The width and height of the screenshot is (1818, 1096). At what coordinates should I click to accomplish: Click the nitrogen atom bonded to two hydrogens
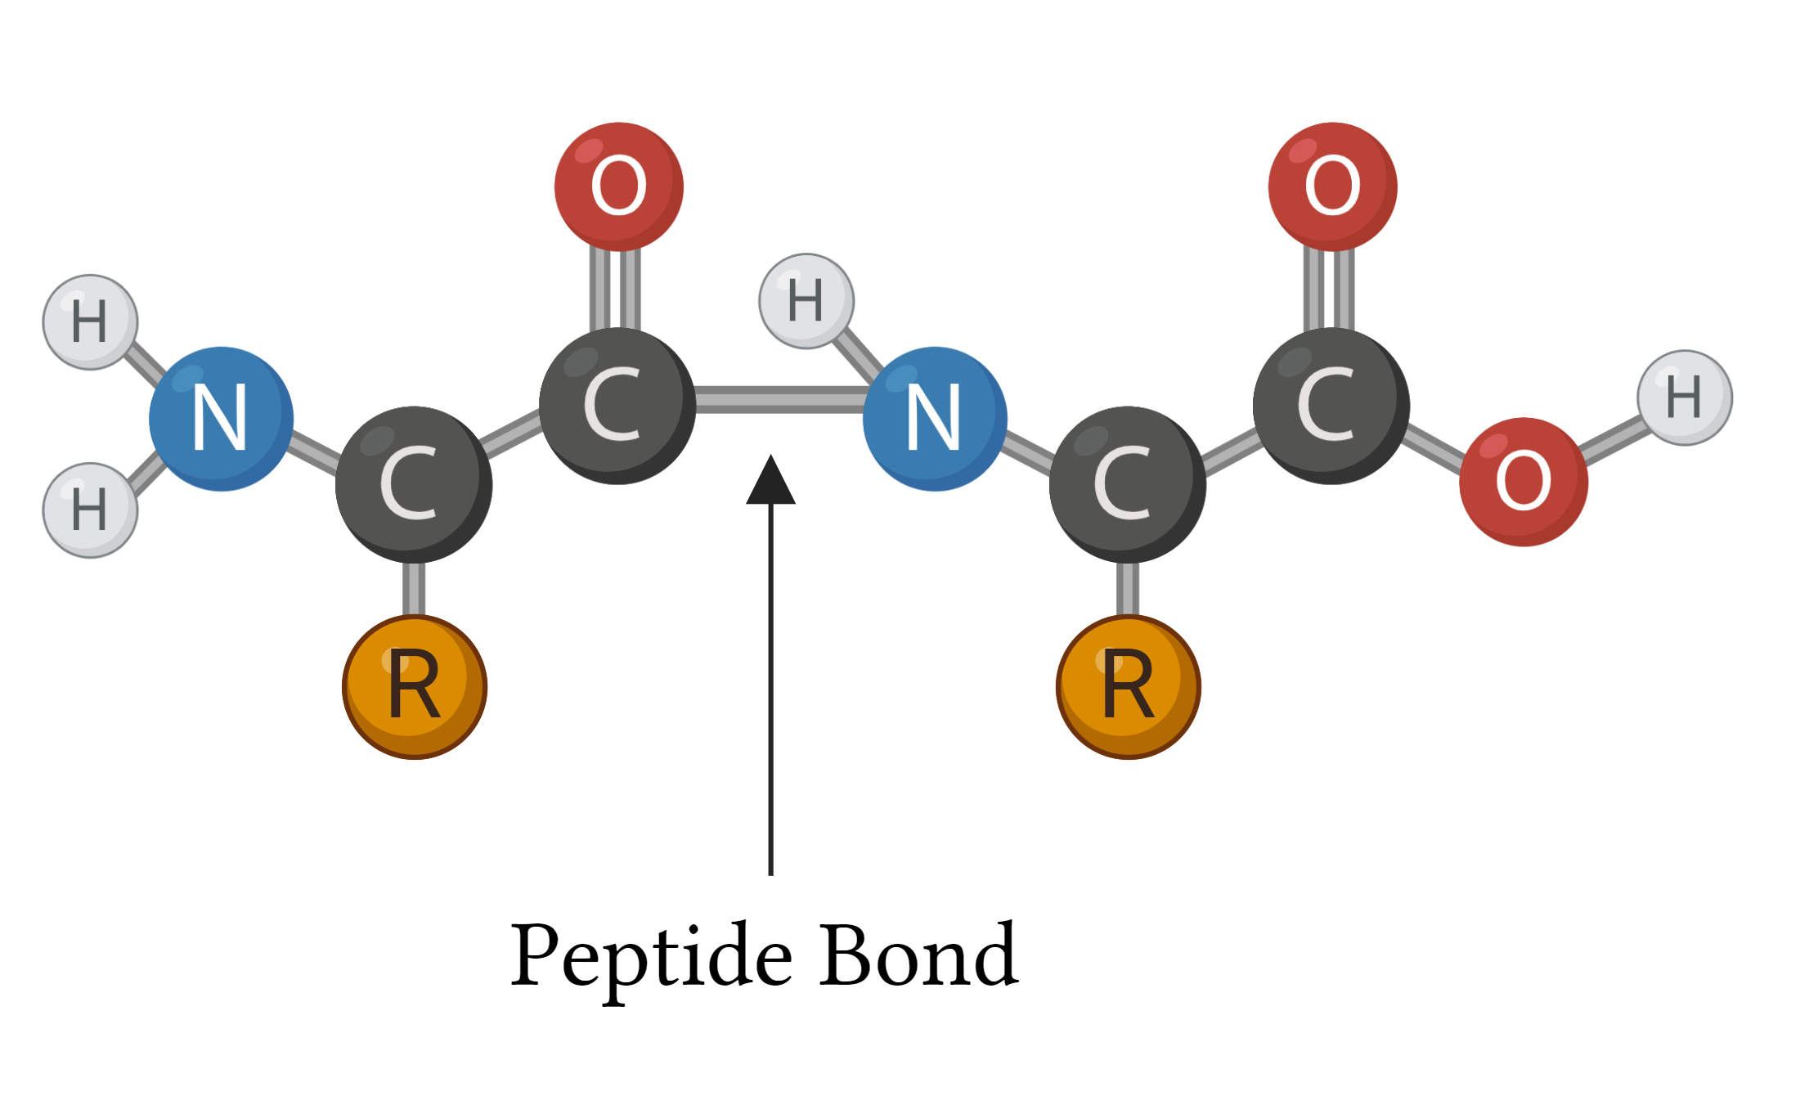[221, 419]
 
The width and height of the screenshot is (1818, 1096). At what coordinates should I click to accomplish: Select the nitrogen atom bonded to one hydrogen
[935, 419]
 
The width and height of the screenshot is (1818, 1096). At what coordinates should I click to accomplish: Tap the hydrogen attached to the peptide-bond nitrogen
[806, 301]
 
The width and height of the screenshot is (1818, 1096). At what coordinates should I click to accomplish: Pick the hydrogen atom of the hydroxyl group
[1685, 398]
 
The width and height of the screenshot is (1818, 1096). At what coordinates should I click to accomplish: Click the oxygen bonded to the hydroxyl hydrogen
[1524, 482]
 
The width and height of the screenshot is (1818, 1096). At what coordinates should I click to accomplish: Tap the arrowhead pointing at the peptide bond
[770, 480]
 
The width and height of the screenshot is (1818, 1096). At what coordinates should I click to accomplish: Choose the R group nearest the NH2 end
[415, 687]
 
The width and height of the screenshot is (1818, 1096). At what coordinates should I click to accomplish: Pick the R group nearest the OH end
[1129, 687]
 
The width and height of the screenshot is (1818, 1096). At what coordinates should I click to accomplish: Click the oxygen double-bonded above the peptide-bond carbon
[619, 186]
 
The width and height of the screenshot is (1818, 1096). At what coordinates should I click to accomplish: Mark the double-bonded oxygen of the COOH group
[1333, 186]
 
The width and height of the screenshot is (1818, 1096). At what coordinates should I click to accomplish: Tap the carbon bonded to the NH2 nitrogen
[414, 484]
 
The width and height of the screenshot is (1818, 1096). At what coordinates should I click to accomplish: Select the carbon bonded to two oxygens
[1331, 406]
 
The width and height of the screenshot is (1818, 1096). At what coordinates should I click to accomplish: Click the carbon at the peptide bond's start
[617, 406]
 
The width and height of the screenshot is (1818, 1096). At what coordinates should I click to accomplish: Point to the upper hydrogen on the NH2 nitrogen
[90, 322]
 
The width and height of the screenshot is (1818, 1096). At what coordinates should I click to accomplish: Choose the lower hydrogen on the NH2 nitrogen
[90, 510]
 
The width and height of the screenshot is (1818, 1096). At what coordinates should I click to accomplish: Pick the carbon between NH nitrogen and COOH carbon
[1128, 484]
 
